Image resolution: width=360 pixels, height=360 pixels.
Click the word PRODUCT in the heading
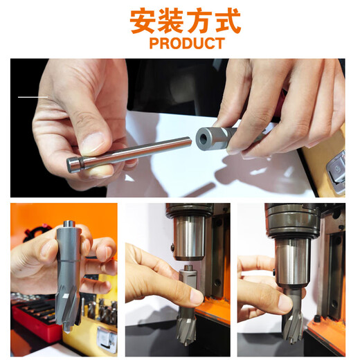[x=186, y=44]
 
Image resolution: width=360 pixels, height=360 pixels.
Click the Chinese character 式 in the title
[x=227, y=21]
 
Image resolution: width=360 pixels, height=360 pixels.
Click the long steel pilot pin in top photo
[x=132, y=153]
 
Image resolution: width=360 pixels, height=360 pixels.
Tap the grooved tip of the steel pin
[x=74, y=165]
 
